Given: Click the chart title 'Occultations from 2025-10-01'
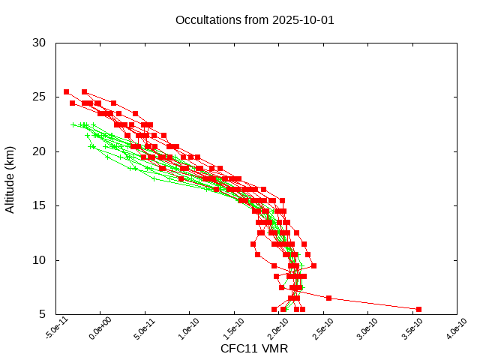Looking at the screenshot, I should [x=254, y=20].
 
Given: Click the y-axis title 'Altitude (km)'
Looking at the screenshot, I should [x=10, y=178].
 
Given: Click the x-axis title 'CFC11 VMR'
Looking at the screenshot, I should [x=254, y=349].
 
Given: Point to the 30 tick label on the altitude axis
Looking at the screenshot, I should [x=40, y=43].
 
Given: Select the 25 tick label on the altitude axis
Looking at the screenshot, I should [x=40, y=97].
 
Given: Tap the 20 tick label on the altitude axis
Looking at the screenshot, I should [x=40, y=151].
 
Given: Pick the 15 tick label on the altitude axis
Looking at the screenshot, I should [x=40, y=205].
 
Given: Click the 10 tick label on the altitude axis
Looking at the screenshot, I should [x=40, y=260].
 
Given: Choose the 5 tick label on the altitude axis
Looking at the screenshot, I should [x=43, y=314].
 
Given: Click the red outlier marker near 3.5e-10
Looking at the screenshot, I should [x=418, y=309].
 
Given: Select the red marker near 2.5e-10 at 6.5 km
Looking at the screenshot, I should [x=328, y=298].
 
